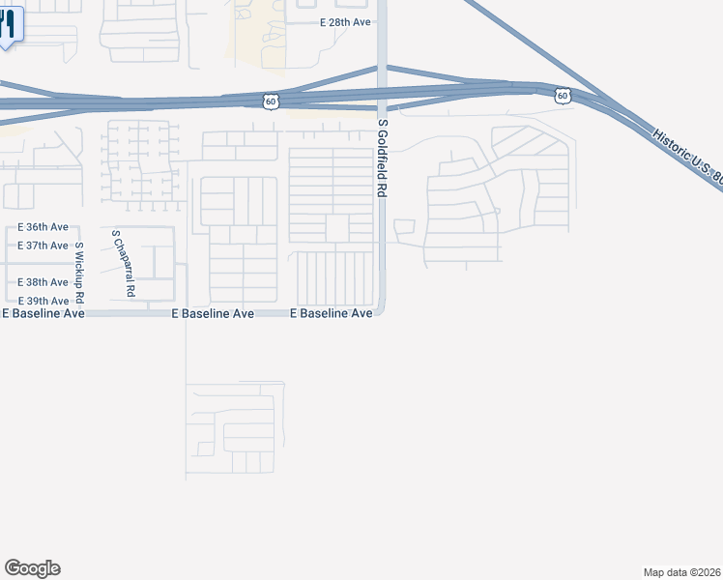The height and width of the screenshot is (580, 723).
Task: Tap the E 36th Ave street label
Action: [x=43, y=227]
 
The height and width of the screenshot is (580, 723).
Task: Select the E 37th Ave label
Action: [x=43, y=246]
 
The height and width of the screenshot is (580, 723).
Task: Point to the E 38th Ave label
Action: [x=43, y=282]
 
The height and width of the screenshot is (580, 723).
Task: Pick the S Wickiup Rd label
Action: [x=80, y=272]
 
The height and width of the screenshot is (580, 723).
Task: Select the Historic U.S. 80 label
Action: [x=686, y=159]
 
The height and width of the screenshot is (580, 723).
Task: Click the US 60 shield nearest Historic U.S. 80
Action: [x=564, y=96]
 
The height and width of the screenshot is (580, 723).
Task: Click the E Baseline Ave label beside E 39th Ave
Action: [x=43, y=314]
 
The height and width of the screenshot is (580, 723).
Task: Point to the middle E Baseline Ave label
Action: [x=213, y=314]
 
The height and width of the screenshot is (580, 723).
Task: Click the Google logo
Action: [x=32, y=568]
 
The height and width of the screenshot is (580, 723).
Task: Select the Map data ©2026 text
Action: [x=682, y=572]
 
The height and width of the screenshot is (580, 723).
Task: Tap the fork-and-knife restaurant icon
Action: [x=8, y=24]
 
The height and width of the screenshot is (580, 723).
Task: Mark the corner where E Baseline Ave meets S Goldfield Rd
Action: [x=383, y=311]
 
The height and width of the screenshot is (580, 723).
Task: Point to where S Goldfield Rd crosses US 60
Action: [x=383, y=93]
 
